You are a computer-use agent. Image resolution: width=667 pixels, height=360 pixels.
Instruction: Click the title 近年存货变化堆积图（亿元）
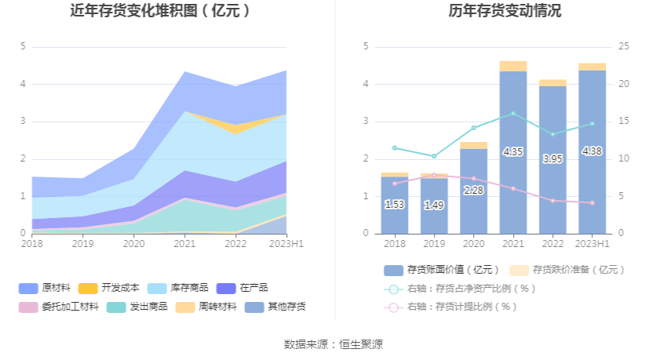click(160, 11)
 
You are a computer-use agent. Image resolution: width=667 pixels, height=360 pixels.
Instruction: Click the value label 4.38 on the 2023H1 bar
click(592, 151)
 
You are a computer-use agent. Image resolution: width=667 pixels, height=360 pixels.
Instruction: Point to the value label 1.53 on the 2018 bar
click(395, 205)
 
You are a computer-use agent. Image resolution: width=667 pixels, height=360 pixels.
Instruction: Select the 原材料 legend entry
click(50, 288)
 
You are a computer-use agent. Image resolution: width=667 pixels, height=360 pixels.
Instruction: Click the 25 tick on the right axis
click(624, 46)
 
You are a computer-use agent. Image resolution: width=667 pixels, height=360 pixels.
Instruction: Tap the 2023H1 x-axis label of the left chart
click(286, 244)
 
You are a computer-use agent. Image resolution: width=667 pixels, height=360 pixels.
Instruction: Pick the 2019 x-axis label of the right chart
click(434, 244)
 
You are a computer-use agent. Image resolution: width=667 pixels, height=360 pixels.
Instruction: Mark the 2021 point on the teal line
click(513, 113)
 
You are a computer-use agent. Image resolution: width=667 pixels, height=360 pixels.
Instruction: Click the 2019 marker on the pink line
click(434, 175)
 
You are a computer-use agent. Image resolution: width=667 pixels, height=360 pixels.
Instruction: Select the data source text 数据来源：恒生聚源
click(333, 344)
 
